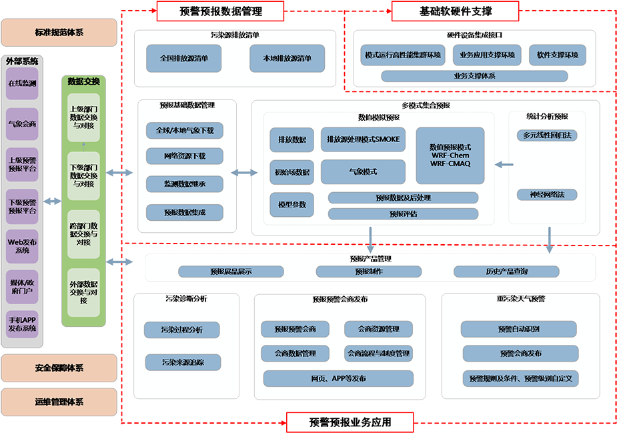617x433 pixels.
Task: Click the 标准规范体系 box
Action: pos(59,33)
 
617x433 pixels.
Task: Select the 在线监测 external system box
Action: pos(22,84)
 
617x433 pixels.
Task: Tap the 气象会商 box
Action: pos(22,124)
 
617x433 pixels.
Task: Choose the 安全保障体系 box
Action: pos(59,368)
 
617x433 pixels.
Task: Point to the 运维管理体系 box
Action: pos(59,402)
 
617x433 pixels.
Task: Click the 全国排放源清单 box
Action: pos(184,58)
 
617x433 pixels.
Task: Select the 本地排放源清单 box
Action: pos(287,58)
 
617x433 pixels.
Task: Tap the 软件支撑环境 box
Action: pos(557,55)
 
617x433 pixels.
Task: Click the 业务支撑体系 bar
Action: pos(474,76)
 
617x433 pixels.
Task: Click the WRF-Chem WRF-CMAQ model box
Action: pos(450,155)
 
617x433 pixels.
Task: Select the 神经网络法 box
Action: pos(547,195)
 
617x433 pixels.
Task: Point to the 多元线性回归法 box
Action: pos(547,135)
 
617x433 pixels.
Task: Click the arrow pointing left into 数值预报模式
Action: pos(504,164)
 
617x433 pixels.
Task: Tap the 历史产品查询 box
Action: pos(506,272)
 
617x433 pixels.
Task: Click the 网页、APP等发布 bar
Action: pos(338,379)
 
